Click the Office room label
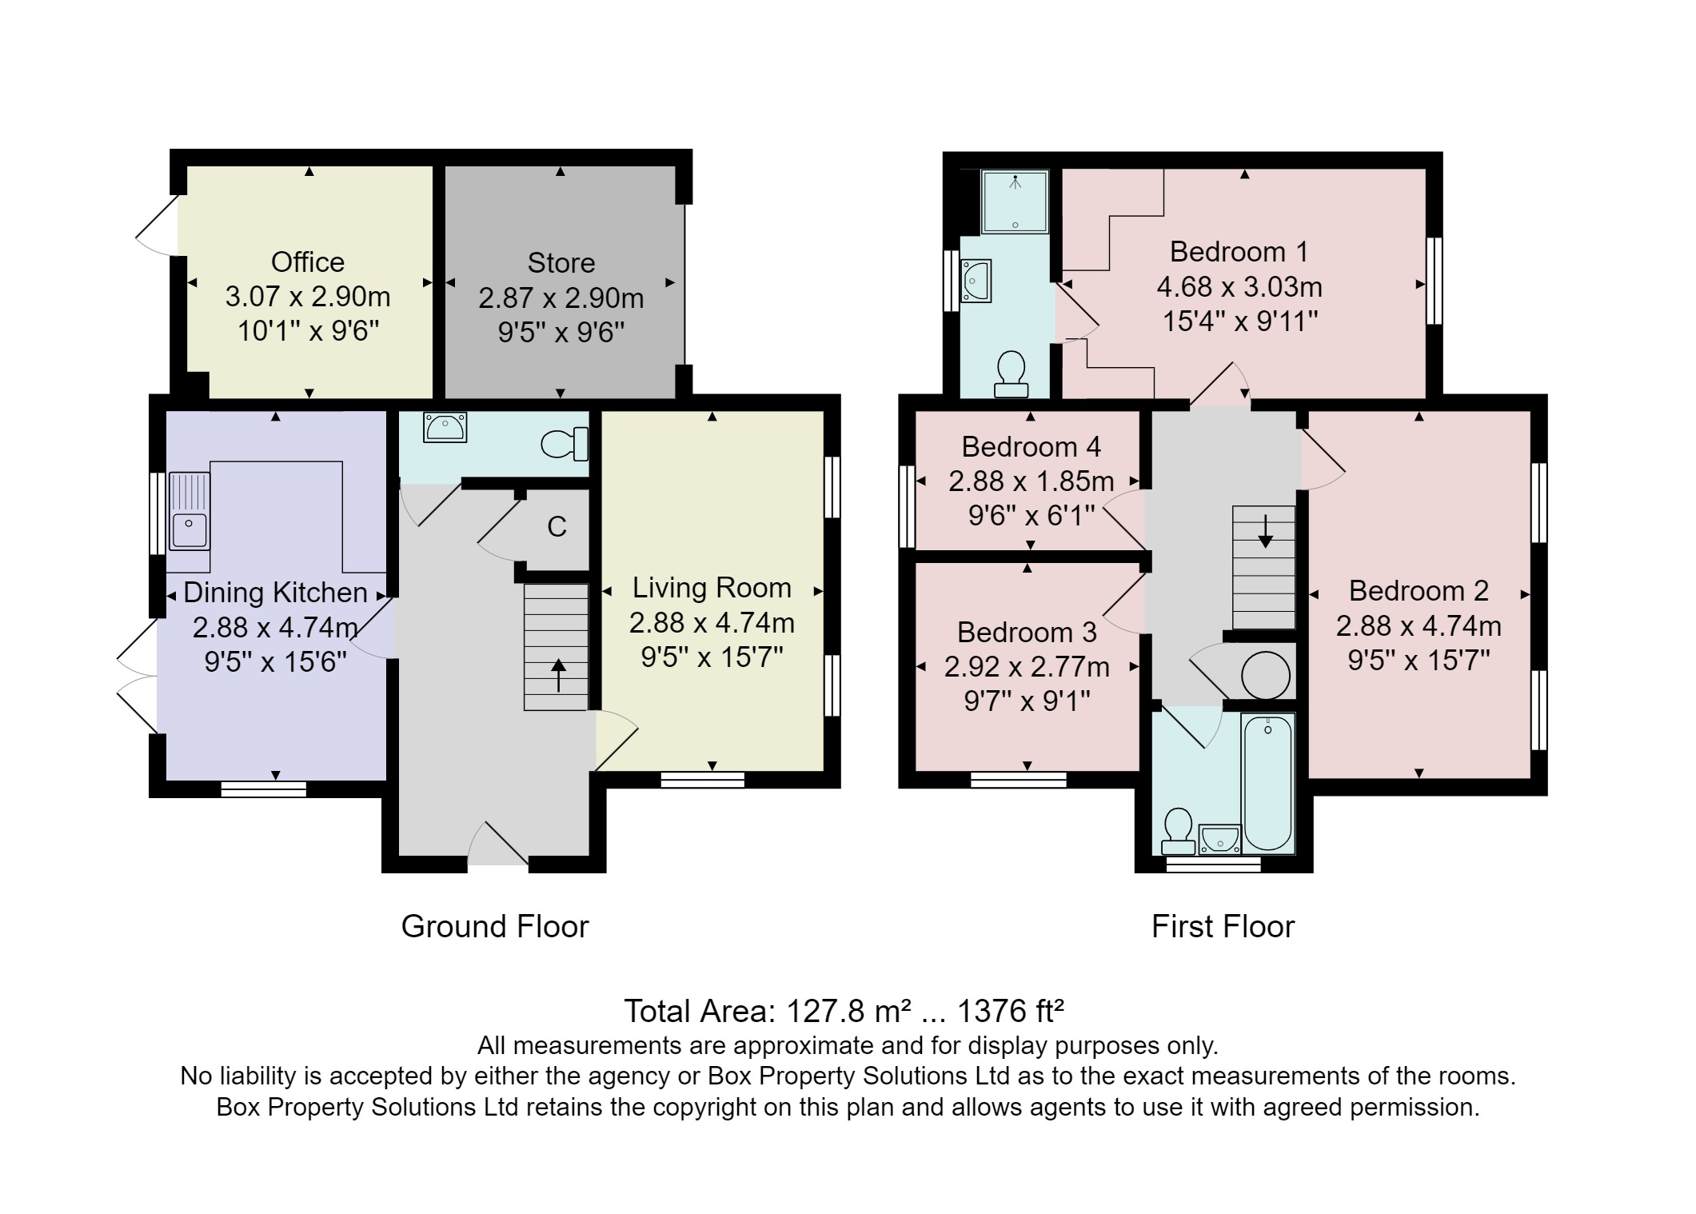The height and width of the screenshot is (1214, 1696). [307, 262]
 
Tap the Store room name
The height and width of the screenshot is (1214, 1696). [561, 263]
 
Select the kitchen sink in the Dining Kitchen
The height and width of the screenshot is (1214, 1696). [190, 528]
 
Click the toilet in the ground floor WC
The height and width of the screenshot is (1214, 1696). [566, 444]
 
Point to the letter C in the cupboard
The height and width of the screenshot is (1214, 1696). [557, 526]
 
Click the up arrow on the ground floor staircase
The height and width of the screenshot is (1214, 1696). [557, 676]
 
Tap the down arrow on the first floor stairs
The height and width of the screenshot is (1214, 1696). [1265, 532]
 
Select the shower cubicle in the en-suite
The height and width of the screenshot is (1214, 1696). [1015, 202]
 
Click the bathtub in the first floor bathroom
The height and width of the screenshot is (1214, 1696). [1267, 782]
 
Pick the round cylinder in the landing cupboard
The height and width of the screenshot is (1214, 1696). [1265, 676]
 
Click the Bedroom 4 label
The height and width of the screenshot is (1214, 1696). [1031, 446]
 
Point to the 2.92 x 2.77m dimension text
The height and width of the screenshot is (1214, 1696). [1027, 666]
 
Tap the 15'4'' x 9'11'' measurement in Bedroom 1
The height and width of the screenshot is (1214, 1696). [1239, 321]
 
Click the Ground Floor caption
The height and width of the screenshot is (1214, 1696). [494, 926]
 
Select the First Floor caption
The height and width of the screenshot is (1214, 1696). [1222, 926]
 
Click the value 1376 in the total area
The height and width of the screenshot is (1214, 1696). [988, 1012]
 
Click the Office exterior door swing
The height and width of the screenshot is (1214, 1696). [158, 226]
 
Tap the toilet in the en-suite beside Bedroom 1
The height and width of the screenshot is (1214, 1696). [1012, 374]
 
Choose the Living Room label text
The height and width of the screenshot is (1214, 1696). [712, 588]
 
